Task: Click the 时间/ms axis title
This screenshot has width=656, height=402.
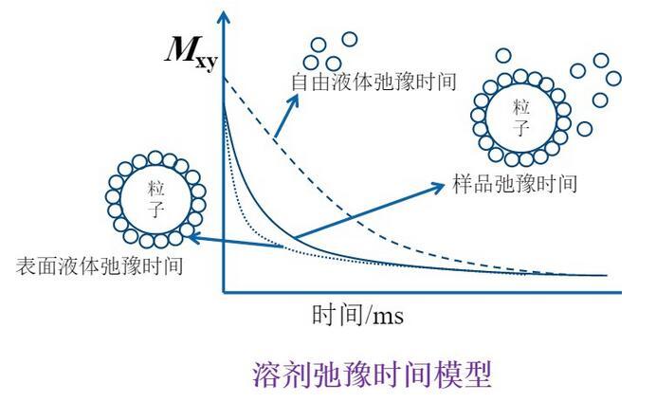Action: (x=357, y=315)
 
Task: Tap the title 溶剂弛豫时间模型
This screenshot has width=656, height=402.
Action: (x=372, y=373)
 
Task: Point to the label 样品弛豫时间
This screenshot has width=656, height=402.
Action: (x=509, y=183)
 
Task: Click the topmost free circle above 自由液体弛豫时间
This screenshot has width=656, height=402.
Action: (x=350, y=39)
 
